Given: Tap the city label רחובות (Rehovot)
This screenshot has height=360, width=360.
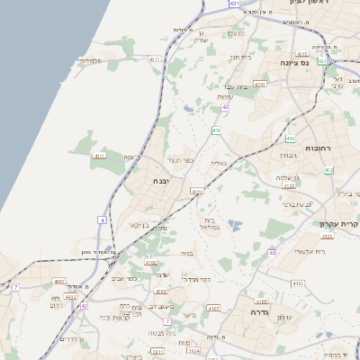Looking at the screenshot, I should pos(319,148).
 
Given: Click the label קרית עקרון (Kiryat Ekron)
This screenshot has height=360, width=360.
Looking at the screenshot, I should pos(338,223).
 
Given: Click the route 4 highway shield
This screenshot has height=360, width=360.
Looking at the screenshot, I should pos(103,219).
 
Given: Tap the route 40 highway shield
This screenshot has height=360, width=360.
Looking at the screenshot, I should pos(272,253).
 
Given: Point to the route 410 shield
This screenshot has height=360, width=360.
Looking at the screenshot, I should pos(216,130).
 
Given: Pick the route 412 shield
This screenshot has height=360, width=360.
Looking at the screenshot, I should pos(329,169).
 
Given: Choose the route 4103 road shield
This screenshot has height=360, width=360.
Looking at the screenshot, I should pos(261,301).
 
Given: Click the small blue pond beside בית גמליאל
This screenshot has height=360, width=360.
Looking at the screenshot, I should pos(235,225).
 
